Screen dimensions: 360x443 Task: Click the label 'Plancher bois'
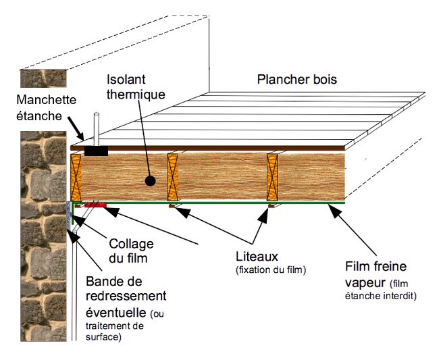(x=296, y=80)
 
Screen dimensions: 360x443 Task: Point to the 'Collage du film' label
(x=131, y=251)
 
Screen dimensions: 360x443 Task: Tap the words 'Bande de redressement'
(x=126, y=290)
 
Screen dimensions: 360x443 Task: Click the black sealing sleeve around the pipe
(x=96, y=149)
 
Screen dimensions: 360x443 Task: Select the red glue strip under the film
(x=95, y=205)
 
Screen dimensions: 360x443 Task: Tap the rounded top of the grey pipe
(x=97, y=115)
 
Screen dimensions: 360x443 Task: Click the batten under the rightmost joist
(x=272, y=205)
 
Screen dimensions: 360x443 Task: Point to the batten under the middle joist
(x=175, y=205)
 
